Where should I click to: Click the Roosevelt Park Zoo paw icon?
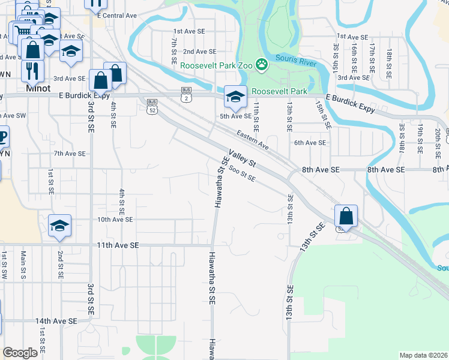(262, 64)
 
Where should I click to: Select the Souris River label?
(295, 59)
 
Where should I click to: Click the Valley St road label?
(241, 158)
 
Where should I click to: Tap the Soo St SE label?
(242, 175)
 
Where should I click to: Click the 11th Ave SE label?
(118, 245)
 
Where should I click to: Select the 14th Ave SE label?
(56, 321)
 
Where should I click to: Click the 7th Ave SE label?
(70, 154)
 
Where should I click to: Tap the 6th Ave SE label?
(310, 143)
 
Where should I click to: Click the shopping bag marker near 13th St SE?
(346, 216)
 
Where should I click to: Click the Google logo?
(20, 353)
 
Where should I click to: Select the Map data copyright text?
(423, 355)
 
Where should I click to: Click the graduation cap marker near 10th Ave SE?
(59, 226)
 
